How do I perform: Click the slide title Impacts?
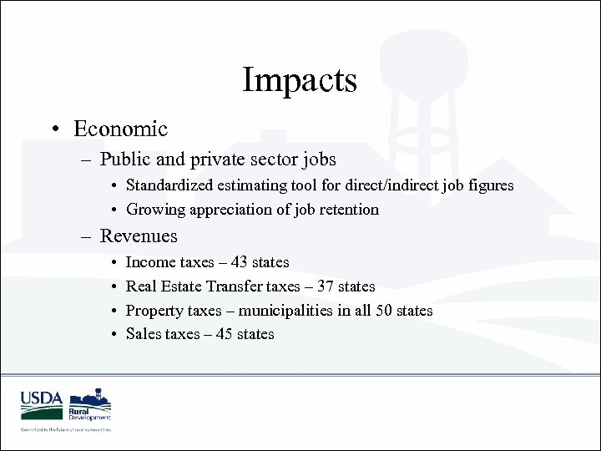[x=300, y=80]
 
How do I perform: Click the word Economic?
[x=120, y=129]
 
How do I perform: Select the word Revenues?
[x=139, y=236]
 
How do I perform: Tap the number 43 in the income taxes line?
[x=238, y=262]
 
